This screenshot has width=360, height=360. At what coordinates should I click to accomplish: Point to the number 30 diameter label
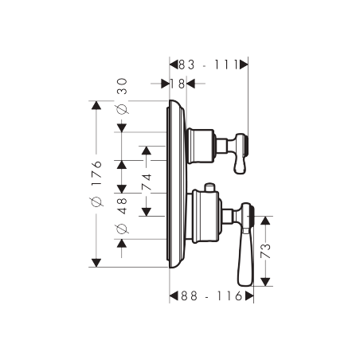tap(122, 88)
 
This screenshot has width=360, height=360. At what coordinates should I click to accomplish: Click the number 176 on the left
tap(96, 174)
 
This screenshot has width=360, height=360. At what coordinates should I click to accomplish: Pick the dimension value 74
tap(147, 182)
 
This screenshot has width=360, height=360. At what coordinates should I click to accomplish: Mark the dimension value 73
tap(267, 252)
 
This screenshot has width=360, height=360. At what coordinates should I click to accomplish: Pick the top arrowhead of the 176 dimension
tap(96, 107)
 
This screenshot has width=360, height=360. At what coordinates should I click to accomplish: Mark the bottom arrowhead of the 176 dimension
tap(96, 262)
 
